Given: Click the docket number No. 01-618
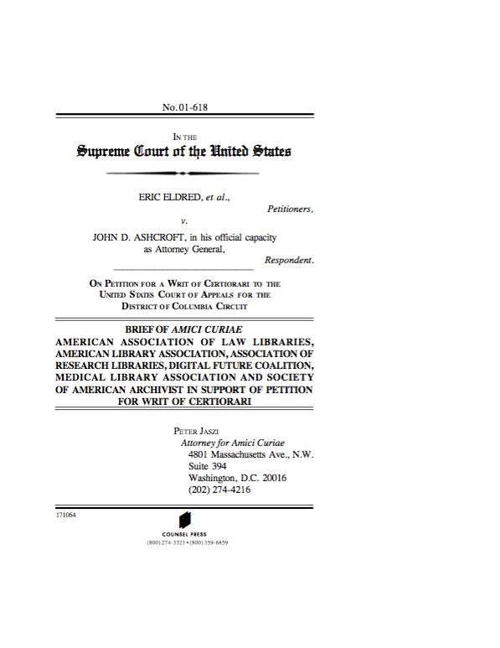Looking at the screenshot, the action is (184, 107).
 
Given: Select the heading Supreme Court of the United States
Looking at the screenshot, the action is (184, 152).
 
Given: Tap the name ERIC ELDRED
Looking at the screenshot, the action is (170, 197).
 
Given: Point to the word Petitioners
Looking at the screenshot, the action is (290, 210).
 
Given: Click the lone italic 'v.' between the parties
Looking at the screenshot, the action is (183, 222).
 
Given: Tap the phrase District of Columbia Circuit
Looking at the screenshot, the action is (184, 306).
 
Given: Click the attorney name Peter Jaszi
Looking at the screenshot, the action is (195, 430).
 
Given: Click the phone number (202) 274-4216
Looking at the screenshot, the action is (220, 490).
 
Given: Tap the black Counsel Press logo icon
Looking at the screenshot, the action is (185, 520).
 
